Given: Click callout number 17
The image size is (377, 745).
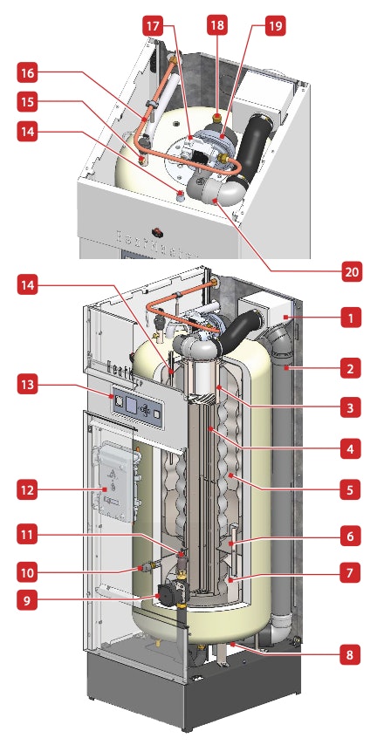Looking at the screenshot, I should pyautogui.click(x=154, y=27).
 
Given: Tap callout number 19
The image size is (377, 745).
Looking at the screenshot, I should pyautogui.click(x=275, y=27).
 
